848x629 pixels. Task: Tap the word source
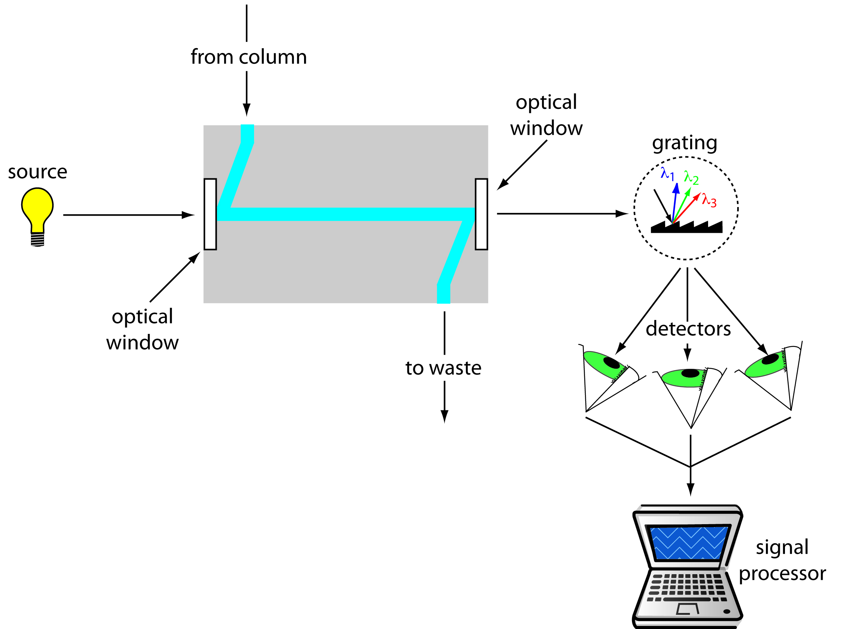37,172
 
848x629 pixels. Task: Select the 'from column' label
248,57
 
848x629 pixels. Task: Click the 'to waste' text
443,368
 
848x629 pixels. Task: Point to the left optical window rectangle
210,215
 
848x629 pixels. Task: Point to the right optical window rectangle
481,215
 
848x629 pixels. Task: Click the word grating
684,143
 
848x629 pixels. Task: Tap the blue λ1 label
667,174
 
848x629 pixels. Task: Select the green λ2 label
691,178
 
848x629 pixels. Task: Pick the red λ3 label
709,200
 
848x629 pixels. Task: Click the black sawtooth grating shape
686,228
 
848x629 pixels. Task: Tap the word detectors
688,329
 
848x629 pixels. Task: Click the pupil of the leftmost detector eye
611,363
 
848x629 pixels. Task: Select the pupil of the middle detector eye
690,373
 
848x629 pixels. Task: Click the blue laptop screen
688,543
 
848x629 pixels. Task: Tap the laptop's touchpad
688,609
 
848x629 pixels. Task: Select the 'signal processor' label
782,560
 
